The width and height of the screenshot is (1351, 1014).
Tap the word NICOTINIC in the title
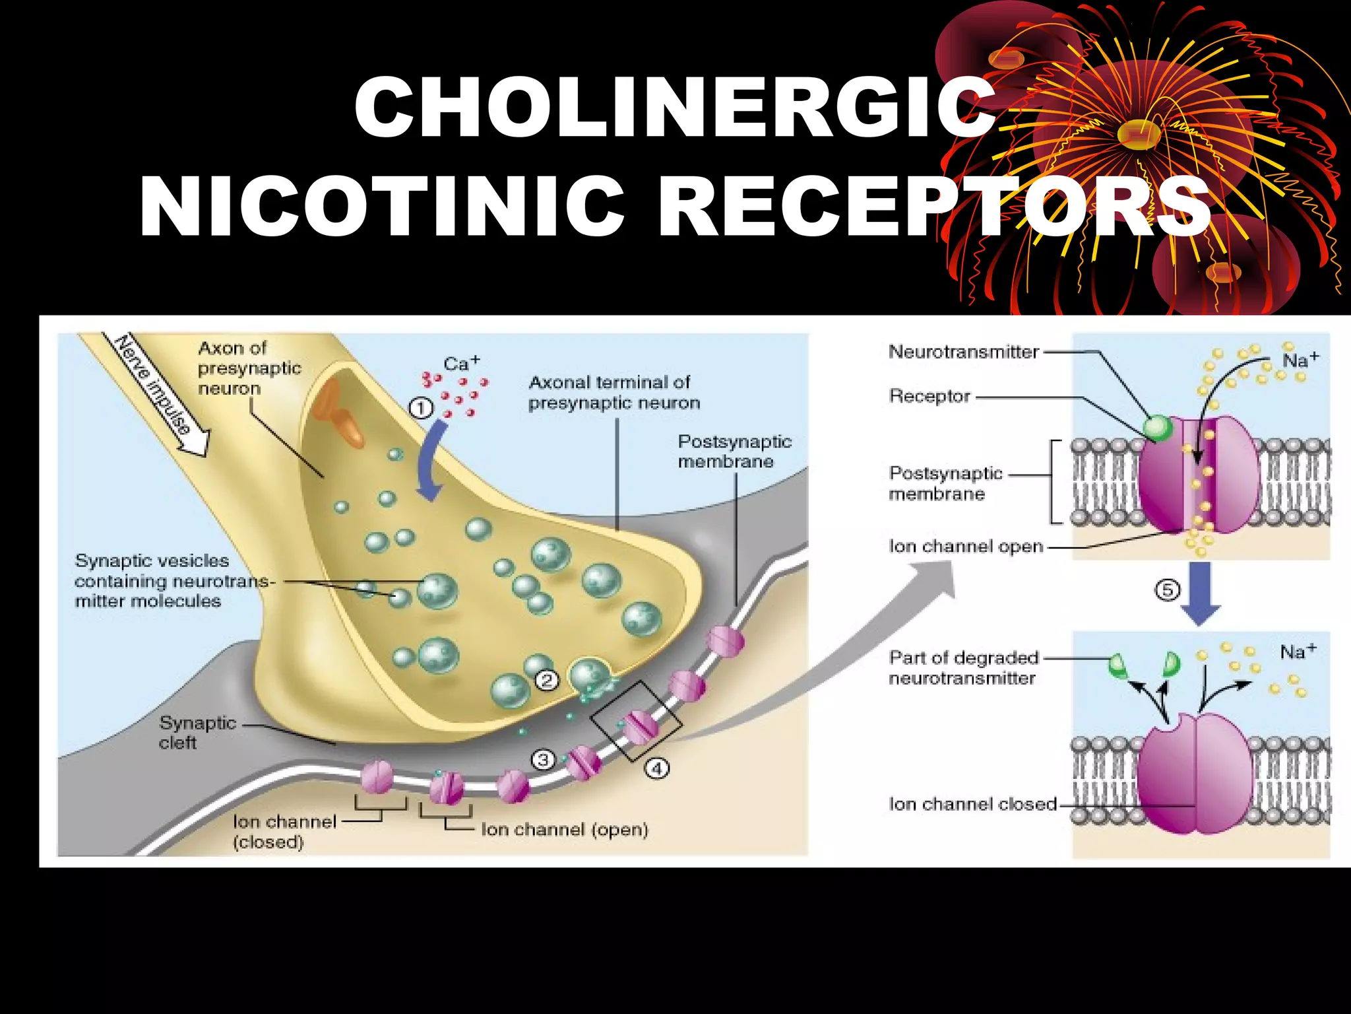pos(383,206)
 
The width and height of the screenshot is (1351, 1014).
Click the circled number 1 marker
pos(421,409)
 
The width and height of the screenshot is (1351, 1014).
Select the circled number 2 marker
pos(547,680)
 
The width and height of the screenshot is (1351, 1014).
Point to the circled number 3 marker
pos(542,760)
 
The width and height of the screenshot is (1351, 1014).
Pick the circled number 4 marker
pos(657,768)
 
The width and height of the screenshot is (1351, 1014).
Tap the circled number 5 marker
pos(1167,590)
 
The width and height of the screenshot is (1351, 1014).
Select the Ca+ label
pos(461,363)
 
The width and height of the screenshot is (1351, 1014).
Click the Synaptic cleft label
pos(196,732)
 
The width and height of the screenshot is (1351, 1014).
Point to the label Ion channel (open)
pos(565,829)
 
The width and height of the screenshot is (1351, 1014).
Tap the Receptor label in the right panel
pos(929,396)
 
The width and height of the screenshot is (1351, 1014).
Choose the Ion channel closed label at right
pos(972,804)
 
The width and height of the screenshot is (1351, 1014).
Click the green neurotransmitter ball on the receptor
pos(1157,428)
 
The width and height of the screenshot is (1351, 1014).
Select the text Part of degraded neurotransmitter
pos(963,667)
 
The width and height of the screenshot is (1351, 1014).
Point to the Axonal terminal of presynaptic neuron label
pos(613,392)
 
